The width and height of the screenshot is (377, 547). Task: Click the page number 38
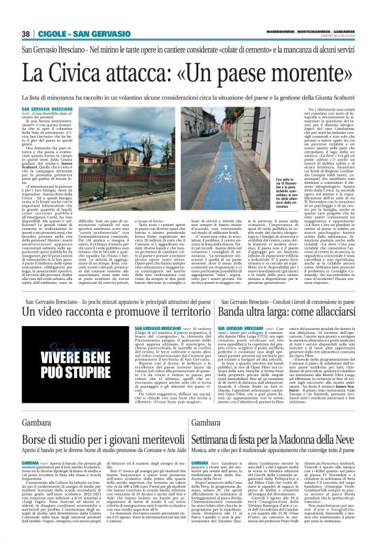click(27, 34)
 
